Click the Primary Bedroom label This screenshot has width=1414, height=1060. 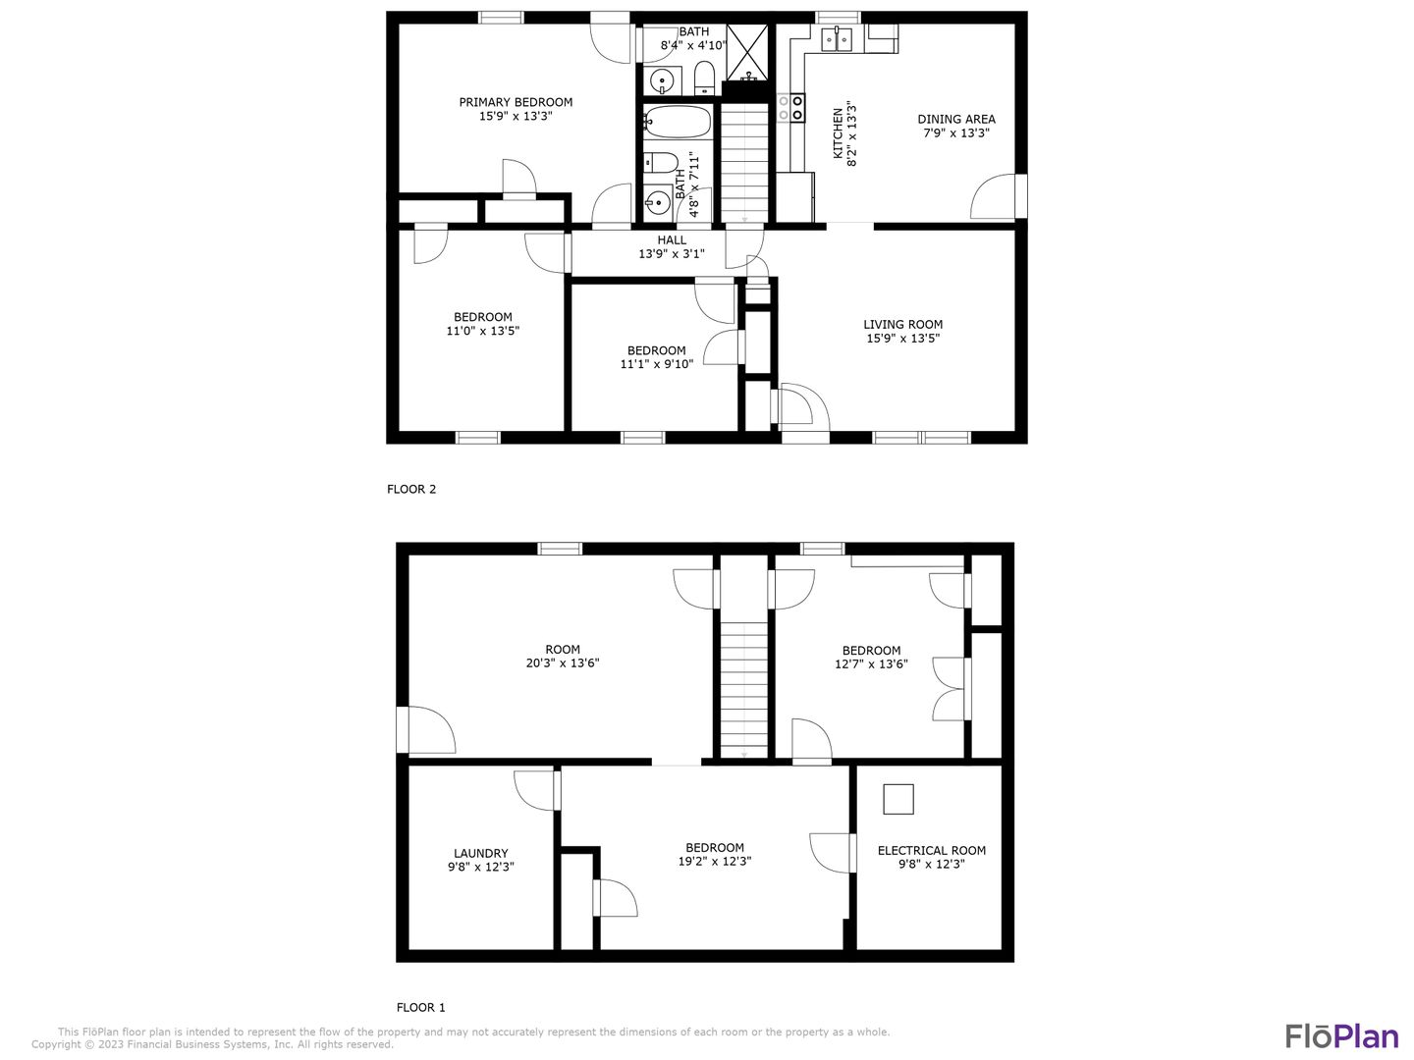[x=516, y=102]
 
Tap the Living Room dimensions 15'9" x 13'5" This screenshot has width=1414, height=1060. [x=902, y=339]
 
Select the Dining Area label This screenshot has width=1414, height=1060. [x=955, y=119]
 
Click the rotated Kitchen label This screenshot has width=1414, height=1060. [x=838, y=133]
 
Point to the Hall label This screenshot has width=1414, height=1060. [x=672, y=239]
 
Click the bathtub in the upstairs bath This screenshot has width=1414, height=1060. [x=678, y=123]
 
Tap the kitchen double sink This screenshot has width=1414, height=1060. [x=837, y=39]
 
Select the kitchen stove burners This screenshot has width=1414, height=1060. [x=791, y=107]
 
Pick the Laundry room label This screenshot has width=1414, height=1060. [x=480, y=853]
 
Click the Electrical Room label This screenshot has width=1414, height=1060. [x=931, y=850]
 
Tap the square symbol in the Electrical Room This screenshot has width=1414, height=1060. [x=897, y=799]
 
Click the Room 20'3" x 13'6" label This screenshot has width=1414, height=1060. [x=562, y=649]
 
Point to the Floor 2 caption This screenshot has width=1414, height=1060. [x=410, y=489]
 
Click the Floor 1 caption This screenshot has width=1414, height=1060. [x=420, y=1007]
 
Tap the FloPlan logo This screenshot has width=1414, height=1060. [x=1341, y=1035]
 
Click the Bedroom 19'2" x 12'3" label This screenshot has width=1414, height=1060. [x=714, y=847]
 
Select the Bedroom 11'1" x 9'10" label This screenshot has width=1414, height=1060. [x=656, y=350]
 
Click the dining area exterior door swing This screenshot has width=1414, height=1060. [x=992, y=197]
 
